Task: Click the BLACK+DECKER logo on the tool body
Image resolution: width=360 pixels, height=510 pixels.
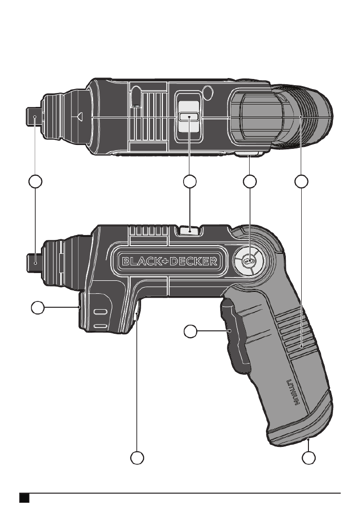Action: pos(170,261)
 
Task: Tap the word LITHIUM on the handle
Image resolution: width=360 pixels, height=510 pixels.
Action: pos(293,392)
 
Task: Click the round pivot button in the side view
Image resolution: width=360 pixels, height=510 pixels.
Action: pos(249,261)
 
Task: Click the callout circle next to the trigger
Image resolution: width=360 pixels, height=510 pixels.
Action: pos(190,332)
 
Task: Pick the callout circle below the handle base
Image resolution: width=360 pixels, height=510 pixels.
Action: pos(308,458)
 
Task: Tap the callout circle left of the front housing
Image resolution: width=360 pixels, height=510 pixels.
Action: pos(38,307)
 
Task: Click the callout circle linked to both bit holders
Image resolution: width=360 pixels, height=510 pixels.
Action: pos(36,182)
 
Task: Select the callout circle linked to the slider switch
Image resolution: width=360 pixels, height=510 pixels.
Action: pos(190,182)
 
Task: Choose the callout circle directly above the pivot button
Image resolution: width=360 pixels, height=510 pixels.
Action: pos(250,182)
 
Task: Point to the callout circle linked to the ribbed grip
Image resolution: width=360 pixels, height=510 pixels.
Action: pos(301,182)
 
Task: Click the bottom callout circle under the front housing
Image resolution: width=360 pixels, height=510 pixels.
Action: pos(137,458)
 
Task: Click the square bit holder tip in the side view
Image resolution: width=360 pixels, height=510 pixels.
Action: pos(34,262)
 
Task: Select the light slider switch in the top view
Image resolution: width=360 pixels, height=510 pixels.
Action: pos(188,117)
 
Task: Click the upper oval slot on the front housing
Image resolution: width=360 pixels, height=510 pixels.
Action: pos(100,312)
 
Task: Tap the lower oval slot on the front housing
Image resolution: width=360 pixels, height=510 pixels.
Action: pos(100,327)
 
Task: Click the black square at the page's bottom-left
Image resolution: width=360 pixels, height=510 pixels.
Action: pos(25,498)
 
